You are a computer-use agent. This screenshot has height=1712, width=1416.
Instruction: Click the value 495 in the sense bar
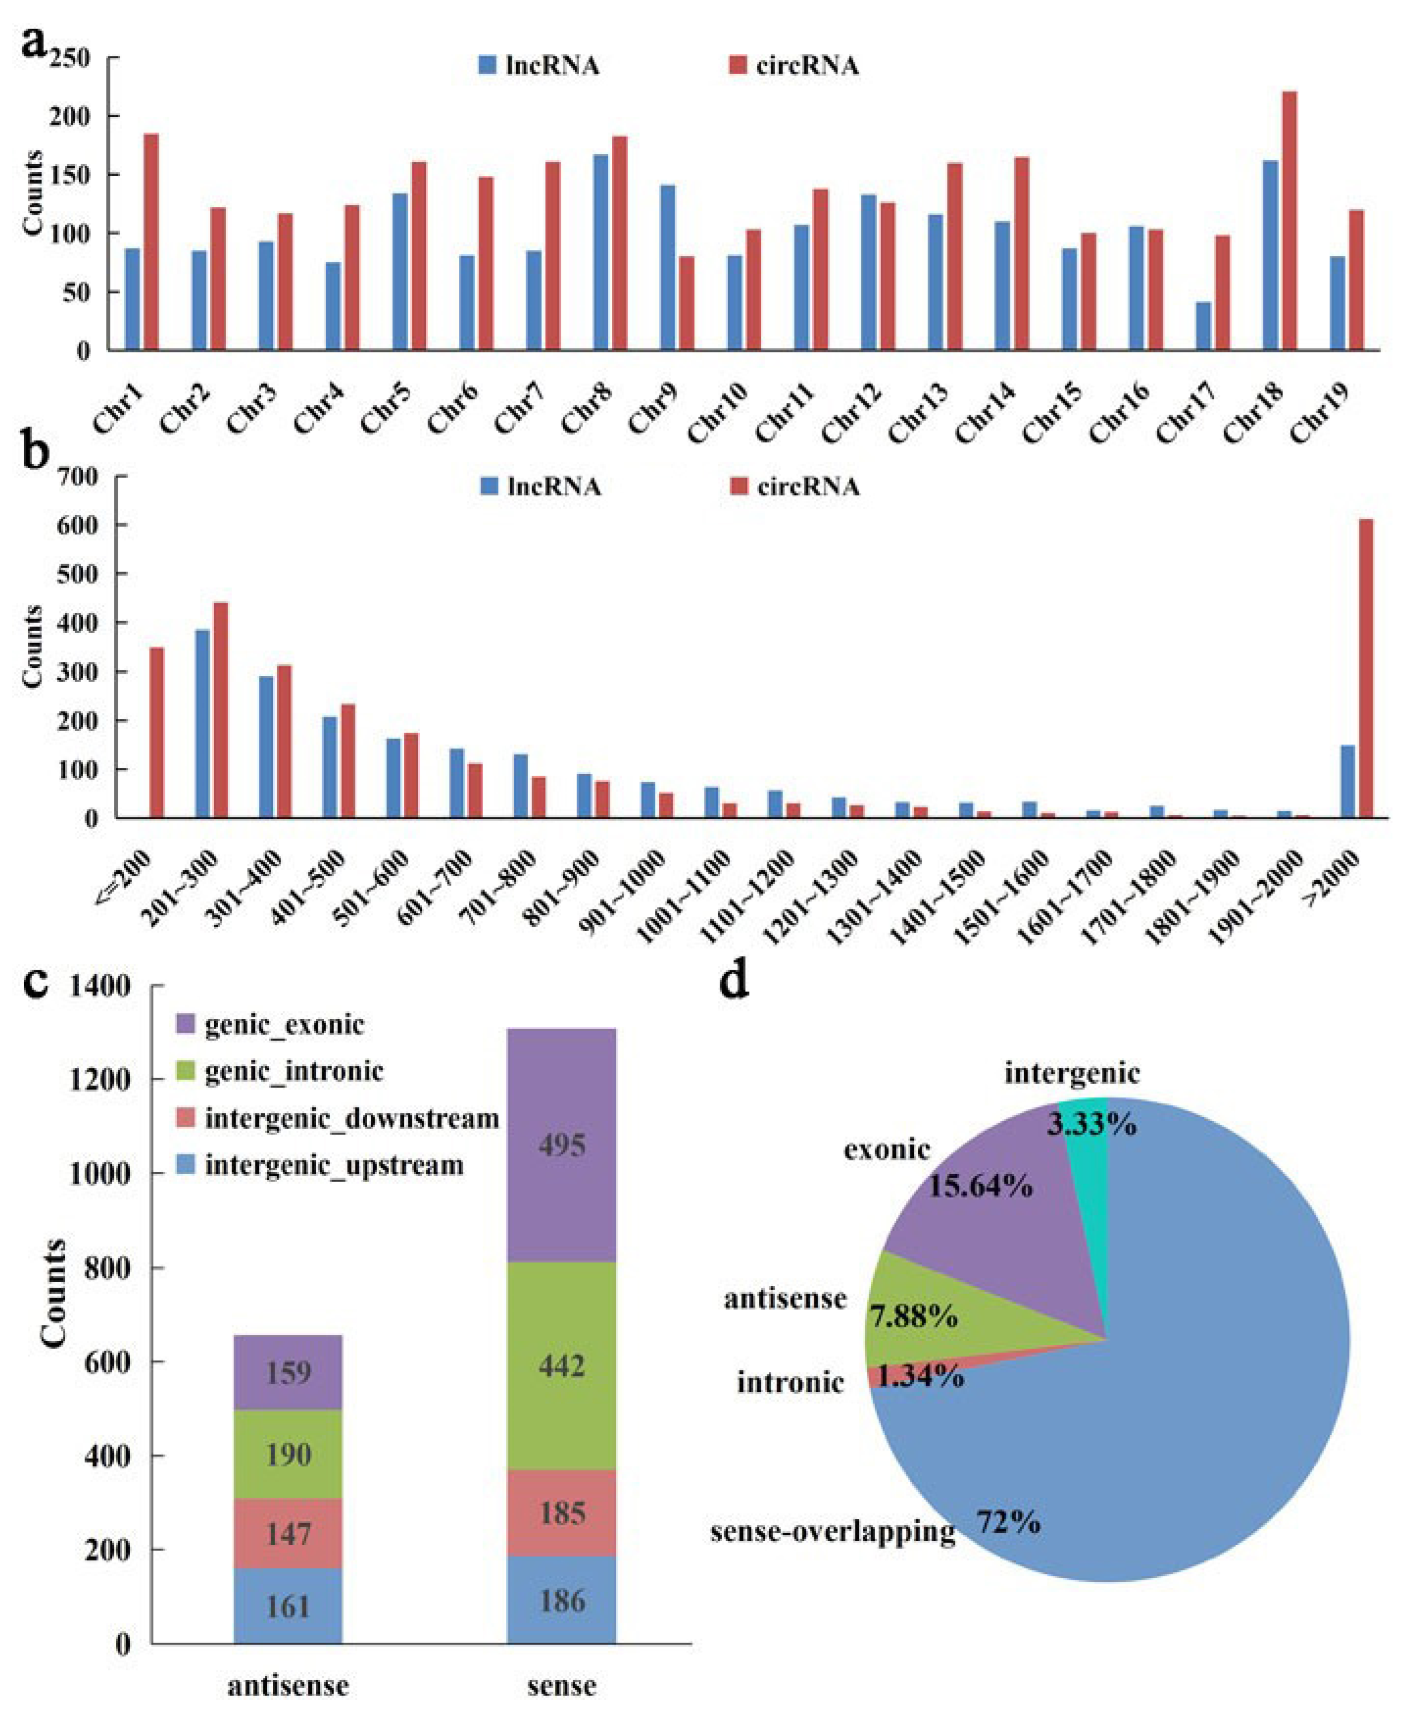click(x=562, y=1145)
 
